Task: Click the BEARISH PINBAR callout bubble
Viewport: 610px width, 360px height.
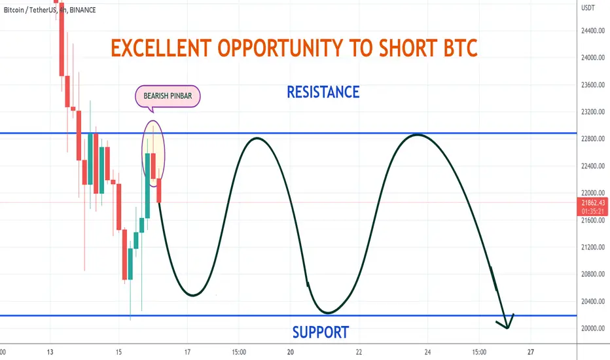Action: [168, 96]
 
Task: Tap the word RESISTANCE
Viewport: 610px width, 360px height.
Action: [323, 92]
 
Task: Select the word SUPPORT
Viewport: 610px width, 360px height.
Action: [321, 333]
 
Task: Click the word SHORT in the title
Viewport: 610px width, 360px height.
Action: [408, 48]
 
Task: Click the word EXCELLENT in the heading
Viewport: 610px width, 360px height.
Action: [161, 48]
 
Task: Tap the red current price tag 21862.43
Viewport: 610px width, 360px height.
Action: [592, 207]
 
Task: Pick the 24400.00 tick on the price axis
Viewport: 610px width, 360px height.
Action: [593, 31]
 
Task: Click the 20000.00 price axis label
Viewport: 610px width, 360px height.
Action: [593, 329]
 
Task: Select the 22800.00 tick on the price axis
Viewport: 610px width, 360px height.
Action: [593, 139]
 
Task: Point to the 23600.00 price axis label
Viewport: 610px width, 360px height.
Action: [593, 85]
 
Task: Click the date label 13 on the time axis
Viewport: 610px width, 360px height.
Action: [50, 352]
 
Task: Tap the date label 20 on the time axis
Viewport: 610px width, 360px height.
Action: [290, 352]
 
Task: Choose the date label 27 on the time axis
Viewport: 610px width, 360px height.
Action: [531, 352]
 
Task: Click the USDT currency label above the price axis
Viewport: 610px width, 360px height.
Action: [588, 8]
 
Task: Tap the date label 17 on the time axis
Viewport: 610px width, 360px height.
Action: [187, 352]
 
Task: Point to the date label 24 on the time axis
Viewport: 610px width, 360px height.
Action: [427, 352]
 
